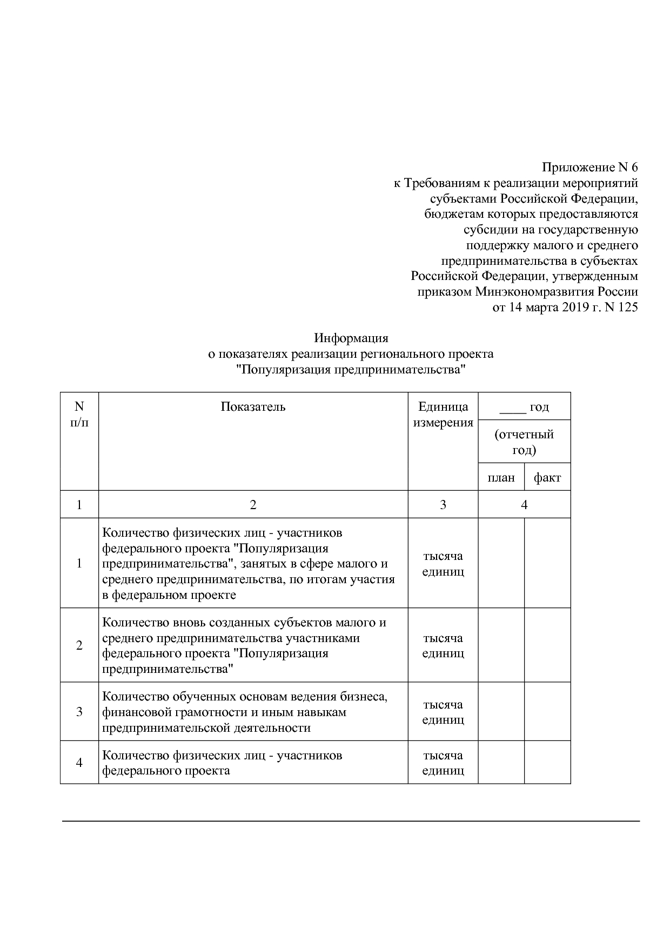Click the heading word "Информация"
coord(351,338)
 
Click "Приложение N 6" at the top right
coord(589,167)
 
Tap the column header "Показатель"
coord(253,406)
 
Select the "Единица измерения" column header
coord(443,415)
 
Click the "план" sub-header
coord(501,478)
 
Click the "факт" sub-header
coord(547,478)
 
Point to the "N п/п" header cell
coord(79,414)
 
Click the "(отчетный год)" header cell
coord(524,442)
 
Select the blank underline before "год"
coord(512,408)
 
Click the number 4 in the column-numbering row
coord(524,505)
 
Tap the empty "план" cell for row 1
coord(501,563)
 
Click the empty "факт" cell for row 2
coord(547,645)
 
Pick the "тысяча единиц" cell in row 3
coord(443,712)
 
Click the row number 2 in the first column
coord(79,645)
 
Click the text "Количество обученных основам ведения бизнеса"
coord(245,697)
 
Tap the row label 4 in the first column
coord(79,763)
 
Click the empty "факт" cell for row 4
coord(547,763)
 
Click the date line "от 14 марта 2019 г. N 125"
coord(565,308)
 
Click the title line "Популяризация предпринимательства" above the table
coord(351,370)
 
